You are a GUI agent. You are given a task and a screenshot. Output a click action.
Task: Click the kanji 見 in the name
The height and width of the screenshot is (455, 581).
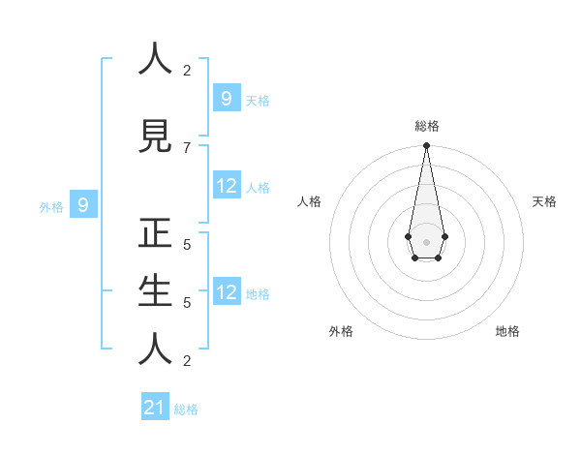(x=156, y=136)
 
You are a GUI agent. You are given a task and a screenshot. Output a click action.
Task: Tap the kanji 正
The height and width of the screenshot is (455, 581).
(x=156, y=233)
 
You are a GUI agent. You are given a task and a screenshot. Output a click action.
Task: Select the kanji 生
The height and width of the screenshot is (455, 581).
(x=156, y=291)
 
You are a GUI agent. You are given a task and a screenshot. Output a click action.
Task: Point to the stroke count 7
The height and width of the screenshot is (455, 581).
(x=187, y=147)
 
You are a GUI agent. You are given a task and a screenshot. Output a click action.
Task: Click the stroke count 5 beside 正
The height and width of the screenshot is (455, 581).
(x=187, y=244)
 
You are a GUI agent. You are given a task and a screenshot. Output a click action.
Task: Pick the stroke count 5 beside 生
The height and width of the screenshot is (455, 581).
(x=187, y=302)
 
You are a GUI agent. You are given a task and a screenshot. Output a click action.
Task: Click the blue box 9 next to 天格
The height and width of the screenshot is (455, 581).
(x=226, y=98)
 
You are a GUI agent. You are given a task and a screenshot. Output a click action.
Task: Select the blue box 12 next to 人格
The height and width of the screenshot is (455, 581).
(x=226, y=186)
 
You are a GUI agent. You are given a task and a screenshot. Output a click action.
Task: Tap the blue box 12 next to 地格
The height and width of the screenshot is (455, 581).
(x=226, y=292)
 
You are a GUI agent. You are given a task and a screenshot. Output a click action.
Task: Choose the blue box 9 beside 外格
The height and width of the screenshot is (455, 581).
(x=83, y=204)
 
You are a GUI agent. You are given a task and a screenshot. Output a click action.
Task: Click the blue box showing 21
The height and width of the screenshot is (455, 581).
(x=155, y=408)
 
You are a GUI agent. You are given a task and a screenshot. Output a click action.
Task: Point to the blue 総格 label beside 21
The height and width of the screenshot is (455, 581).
(x=186, y=409)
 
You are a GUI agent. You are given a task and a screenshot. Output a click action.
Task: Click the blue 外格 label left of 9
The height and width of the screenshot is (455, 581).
(x=51, y=206)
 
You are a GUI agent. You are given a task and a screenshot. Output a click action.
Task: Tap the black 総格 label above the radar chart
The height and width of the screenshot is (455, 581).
(x=426, y=126)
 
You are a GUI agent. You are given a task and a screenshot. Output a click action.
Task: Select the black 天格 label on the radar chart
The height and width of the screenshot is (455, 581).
(x=544, y=201)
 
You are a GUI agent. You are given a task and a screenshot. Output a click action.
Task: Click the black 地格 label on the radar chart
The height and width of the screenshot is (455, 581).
(x=507, y=331)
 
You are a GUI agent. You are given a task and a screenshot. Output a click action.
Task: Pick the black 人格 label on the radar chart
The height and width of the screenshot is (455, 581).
(x=309, y=201)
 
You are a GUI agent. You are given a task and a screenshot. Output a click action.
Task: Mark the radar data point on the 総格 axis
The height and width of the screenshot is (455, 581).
(x=426, y=146)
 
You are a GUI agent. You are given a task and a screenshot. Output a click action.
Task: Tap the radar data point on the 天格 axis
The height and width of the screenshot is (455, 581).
(x=444, y=236)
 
